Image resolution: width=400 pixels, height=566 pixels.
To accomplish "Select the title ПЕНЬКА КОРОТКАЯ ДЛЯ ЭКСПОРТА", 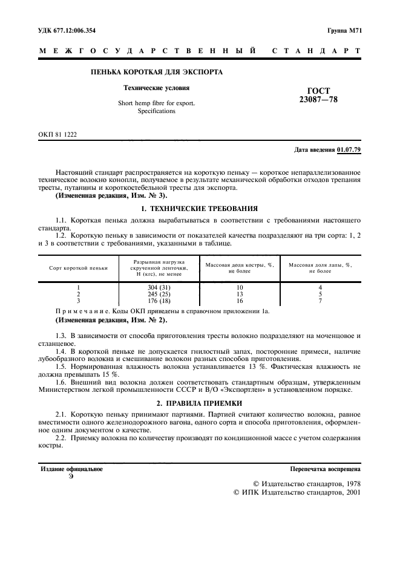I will [156, 72].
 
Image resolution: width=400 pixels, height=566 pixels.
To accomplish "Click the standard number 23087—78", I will [314, 100].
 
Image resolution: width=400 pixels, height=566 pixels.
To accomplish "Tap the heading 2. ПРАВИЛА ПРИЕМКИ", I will [200, 403].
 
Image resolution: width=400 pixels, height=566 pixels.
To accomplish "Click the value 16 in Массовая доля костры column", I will [240, 301].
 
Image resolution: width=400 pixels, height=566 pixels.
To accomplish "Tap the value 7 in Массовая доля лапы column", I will [320, 301].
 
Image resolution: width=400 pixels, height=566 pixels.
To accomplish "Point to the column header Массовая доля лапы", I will [320, 267].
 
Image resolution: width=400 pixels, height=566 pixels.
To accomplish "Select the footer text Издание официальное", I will [71, 469].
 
